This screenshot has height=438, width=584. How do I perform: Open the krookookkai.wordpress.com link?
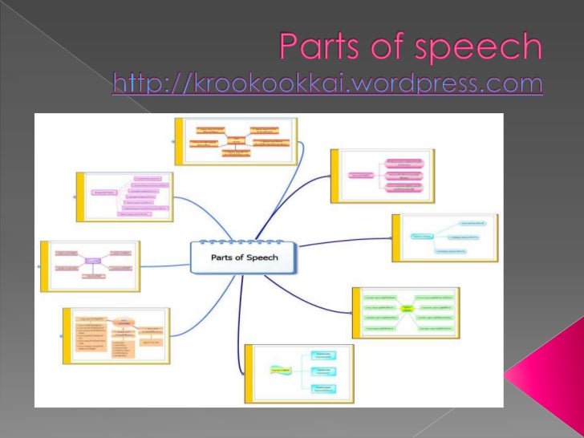pyautogui.click(x=327, y=83)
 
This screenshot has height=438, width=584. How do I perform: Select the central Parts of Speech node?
pyautogui.click(x=243, y=258)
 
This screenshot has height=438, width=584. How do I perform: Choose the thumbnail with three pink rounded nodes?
pyautogui.click(x=382, y=175)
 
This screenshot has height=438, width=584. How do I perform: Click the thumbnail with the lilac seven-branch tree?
pyautogui.click(x=124, y=195)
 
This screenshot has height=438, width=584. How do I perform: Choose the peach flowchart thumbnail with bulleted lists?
pyautogui.click(x=116, y=335)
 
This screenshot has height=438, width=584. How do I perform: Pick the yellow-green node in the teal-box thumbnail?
pyautogui.click(x=281, y=371)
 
